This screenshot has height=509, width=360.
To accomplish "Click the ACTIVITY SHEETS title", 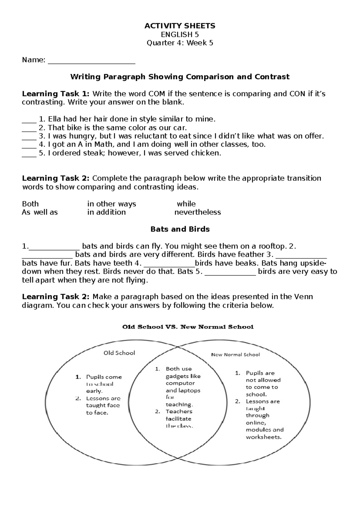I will [x=180, y=26].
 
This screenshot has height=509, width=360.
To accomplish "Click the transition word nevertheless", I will [x=197, y=212].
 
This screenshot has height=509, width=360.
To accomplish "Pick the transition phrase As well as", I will [x=40, y=212].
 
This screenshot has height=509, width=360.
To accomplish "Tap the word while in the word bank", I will [x=186, y=204].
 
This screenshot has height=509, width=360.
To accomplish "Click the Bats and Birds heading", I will [x=180, y=229].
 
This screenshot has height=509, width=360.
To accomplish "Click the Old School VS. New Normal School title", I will [x=188, y=327].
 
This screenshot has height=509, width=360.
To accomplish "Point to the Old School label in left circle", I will [x=119, y=353].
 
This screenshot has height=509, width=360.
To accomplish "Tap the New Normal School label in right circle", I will [x=235, y=355].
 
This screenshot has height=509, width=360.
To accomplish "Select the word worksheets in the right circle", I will [x=263, y=437].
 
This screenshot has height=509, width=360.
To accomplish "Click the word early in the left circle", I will [x=94, y=391].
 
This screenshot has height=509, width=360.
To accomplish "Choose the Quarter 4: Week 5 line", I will [x=180, y=43].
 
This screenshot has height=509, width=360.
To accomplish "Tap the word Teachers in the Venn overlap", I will [x=179, y=411].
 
